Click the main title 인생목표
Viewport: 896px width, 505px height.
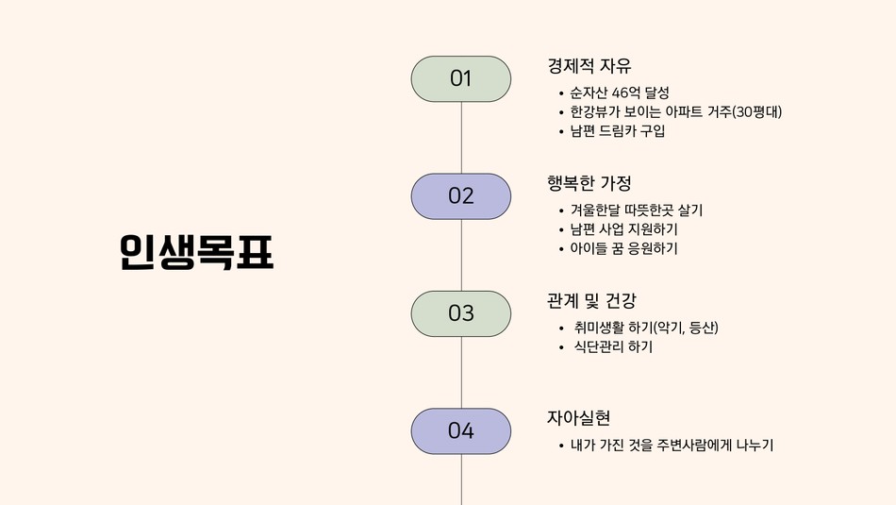[196, 252]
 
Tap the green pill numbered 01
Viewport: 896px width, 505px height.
[461, 79]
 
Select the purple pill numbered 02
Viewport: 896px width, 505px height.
[461, 196]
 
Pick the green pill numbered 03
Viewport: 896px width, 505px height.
[461, 313]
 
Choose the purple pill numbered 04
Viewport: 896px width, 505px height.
[461, 431]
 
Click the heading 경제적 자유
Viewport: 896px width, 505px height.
[589, 66]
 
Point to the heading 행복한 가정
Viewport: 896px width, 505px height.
[589, 183]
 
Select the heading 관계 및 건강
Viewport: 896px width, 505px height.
[591, 300]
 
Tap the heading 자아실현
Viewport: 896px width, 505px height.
[578, 418]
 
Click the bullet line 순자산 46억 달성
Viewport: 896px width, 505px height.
[620, 93]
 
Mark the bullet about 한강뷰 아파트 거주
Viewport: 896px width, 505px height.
[676, 111]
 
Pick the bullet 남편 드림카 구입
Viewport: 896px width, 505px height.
[618, 131]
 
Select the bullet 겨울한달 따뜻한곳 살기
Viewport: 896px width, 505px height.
[637, 210]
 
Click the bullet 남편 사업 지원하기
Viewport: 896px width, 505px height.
[624, 229]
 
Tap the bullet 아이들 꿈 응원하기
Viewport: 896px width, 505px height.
[624, 249]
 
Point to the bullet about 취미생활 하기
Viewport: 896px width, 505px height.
[646, 328]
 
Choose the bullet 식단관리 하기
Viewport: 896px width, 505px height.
[613, 347]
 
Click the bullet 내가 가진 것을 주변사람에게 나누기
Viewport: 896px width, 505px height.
[672, 445]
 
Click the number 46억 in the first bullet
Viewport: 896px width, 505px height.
[625, 93]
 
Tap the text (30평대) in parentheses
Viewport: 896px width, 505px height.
[757, 111]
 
